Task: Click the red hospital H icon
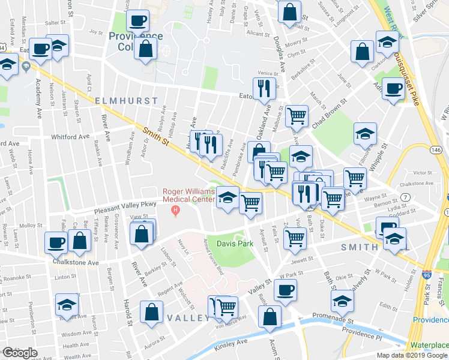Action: click(175, 209)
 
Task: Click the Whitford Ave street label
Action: click(70, 137)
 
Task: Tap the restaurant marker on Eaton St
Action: click(264, 88)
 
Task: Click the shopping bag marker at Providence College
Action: click(145, 49)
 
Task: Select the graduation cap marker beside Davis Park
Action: click(227, 197)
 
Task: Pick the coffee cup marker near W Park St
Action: click(285, 290)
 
